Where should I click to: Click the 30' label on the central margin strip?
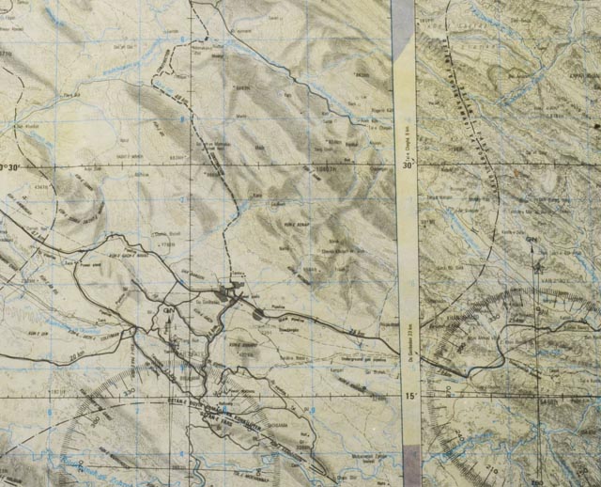pos(408,164)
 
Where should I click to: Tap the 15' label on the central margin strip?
pos(409,397)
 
